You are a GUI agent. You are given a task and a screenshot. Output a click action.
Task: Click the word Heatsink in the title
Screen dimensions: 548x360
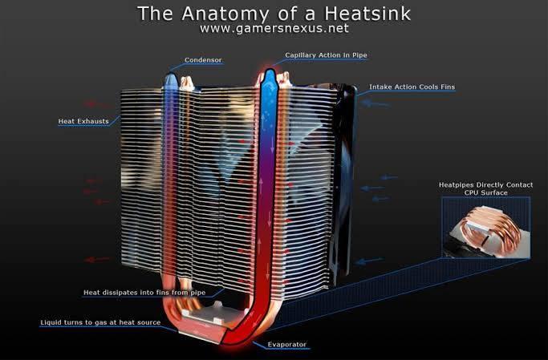click(x=367, y=14)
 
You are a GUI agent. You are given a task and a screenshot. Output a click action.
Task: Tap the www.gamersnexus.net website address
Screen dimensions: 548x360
click(x=274, y=28)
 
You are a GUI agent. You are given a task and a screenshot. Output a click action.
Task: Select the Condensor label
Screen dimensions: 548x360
click(x=203, y=60)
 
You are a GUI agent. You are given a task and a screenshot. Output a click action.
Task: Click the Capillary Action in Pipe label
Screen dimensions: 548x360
click(x=326, y=55)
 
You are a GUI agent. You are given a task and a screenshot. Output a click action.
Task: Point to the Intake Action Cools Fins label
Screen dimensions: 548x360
click(x=412, y=87)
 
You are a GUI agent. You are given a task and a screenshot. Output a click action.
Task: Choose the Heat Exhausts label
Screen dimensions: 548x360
click(x=83, y=121)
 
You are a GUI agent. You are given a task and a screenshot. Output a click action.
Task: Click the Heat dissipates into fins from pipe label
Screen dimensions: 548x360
click(x=144, y=293)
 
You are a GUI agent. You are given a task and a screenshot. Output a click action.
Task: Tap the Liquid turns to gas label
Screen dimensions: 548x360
click(x=100, y=322)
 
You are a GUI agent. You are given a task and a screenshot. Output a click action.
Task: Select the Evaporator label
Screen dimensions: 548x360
click(x=287, y=344)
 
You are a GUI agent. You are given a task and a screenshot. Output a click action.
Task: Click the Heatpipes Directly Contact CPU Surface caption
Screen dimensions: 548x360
click(x=485, y=188)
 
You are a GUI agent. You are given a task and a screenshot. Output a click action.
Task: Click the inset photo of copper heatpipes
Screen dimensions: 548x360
click(x=485, y=228)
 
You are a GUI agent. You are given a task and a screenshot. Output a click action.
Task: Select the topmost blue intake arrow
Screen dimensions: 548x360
click(x=375, y=103)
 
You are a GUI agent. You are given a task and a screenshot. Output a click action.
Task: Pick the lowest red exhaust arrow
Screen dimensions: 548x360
click(x=97, y=260)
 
